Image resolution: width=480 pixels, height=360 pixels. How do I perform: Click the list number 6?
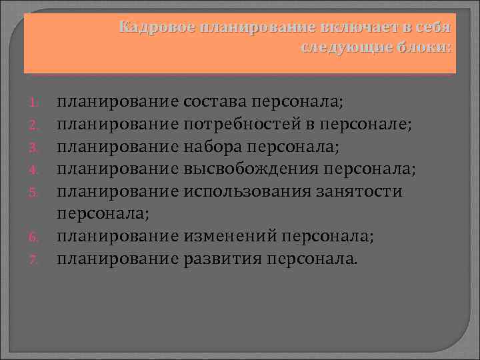[37, 237]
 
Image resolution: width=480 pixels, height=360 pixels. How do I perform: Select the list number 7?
[37, 259]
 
